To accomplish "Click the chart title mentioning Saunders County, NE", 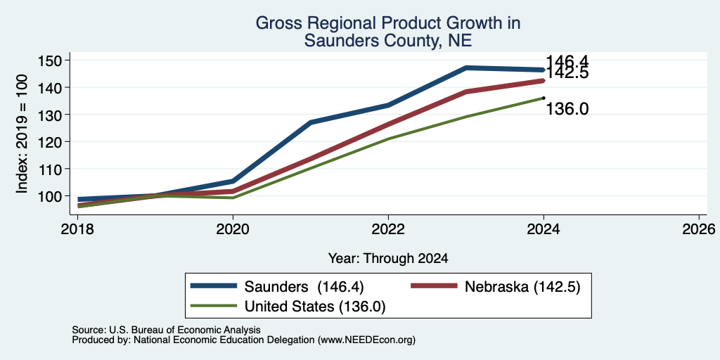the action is (x=388, y=32).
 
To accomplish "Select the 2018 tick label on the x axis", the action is (x=77, y=229).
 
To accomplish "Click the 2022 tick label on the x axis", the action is (x=388, y=229).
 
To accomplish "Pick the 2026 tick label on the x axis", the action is (x=699, y=229).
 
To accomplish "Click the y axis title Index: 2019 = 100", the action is (x=22, y=134).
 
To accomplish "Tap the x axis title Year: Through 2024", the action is (x=388, y=259).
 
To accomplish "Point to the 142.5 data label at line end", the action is (x=567, y=73).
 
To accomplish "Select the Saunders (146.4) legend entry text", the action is (x=304, y=287).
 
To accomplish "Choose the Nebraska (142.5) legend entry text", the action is (x=522, y=287).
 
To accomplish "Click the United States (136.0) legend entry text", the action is (x=314, y=307).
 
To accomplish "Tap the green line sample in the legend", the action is (x=214, y=306).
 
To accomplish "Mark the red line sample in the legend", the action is (x=434, y=286).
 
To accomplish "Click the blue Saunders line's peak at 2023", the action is (x=466, y=68).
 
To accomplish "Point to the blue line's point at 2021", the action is (x=311, y=122).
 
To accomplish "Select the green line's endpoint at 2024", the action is (x=544, y=98).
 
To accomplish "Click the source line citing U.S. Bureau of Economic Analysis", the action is (x=166, y=330).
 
